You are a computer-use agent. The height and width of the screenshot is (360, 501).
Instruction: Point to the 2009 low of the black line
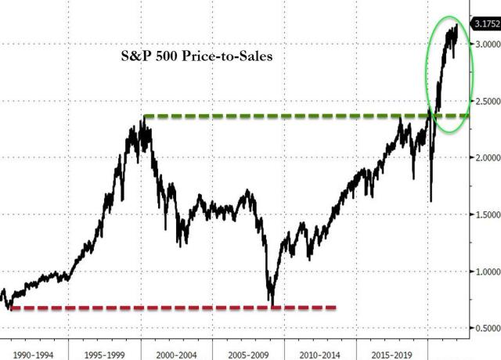click(x=272, y=304)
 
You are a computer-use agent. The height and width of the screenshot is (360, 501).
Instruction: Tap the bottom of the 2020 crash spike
click(x=431, y=202)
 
